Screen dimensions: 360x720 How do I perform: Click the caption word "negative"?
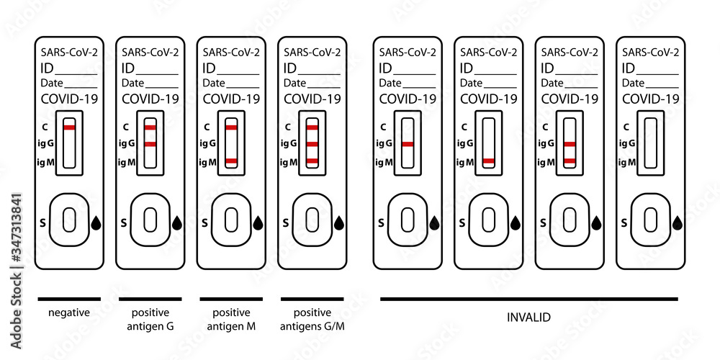tap(69, 313)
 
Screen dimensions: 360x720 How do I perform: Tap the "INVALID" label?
tap(528, 316)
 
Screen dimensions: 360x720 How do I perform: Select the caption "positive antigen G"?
tap(150, 320)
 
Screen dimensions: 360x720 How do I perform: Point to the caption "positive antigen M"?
tap(231, 320)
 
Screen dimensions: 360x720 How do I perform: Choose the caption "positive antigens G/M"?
tap(312, 320)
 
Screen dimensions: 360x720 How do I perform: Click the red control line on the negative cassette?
tap(69, 127)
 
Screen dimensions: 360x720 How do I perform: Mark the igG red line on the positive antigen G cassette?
tap(150, 144)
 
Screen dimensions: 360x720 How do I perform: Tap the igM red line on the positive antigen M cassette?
tap(231, 161)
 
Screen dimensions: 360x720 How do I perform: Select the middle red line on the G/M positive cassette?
tap(312, 144)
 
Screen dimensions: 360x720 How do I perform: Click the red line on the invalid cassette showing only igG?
tap(408, 144)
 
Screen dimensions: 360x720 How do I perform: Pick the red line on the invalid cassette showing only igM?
tap(489, 161)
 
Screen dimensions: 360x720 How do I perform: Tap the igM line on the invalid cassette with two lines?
tap(570, 161)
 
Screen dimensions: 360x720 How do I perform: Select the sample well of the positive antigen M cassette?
tap(231, 219)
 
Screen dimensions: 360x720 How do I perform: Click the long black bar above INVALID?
tap(528, 298)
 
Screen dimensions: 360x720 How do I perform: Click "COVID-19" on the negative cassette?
tap(69, 99)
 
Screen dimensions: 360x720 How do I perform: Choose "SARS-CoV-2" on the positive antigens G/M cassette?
tap(312, 52)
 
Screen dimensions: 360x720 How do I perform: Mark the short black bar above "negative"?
tap(69, 298)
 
